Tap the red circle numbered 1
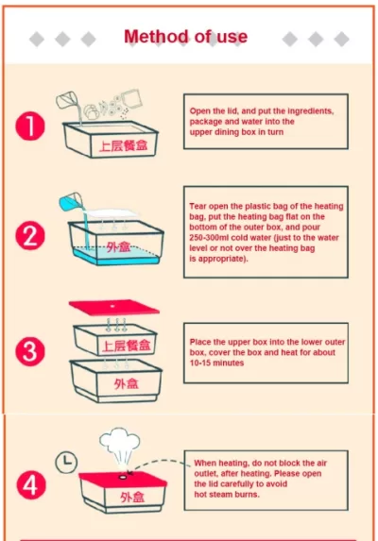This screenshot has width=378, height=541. [30, 126]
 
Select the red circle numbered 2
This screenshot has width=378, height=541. [30, 236]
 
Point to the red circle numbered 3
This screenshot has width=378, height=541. [30, 351]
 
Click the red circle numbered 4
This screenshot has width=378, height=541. [31, 484]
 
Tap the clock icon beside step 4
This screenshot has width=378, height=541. [66, 462]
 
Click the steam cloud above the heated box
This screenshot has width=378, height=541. [120, 446]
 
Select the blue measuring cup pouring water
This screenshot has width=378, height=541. [71, 201]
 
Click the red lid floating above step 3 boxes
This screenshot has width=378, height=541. [114, 307]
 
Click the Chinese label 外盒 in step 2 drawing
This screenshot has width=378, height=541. [118, 247]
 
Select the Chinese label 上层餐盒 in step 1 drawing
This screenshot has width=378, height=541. [123, 145]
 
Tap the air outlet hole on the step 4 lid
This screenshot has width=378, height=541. [123, 477]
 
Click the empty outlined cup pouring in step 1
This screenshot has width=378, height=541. [67, 100]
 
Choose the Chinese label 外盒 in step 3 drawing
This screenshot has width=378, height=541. [127, 383]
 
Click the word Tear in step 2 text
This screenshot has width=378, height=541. [198, 207]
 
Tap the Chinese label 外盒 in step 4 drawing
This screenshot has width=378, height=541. [132, 498]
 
